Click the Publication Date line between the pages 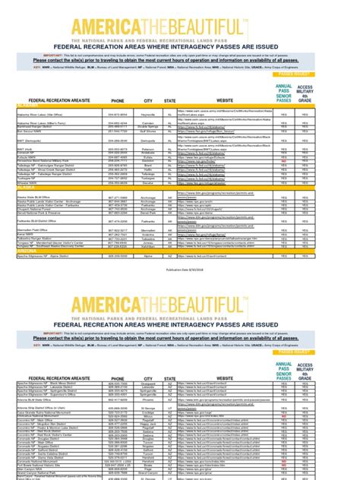point(179,226)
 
